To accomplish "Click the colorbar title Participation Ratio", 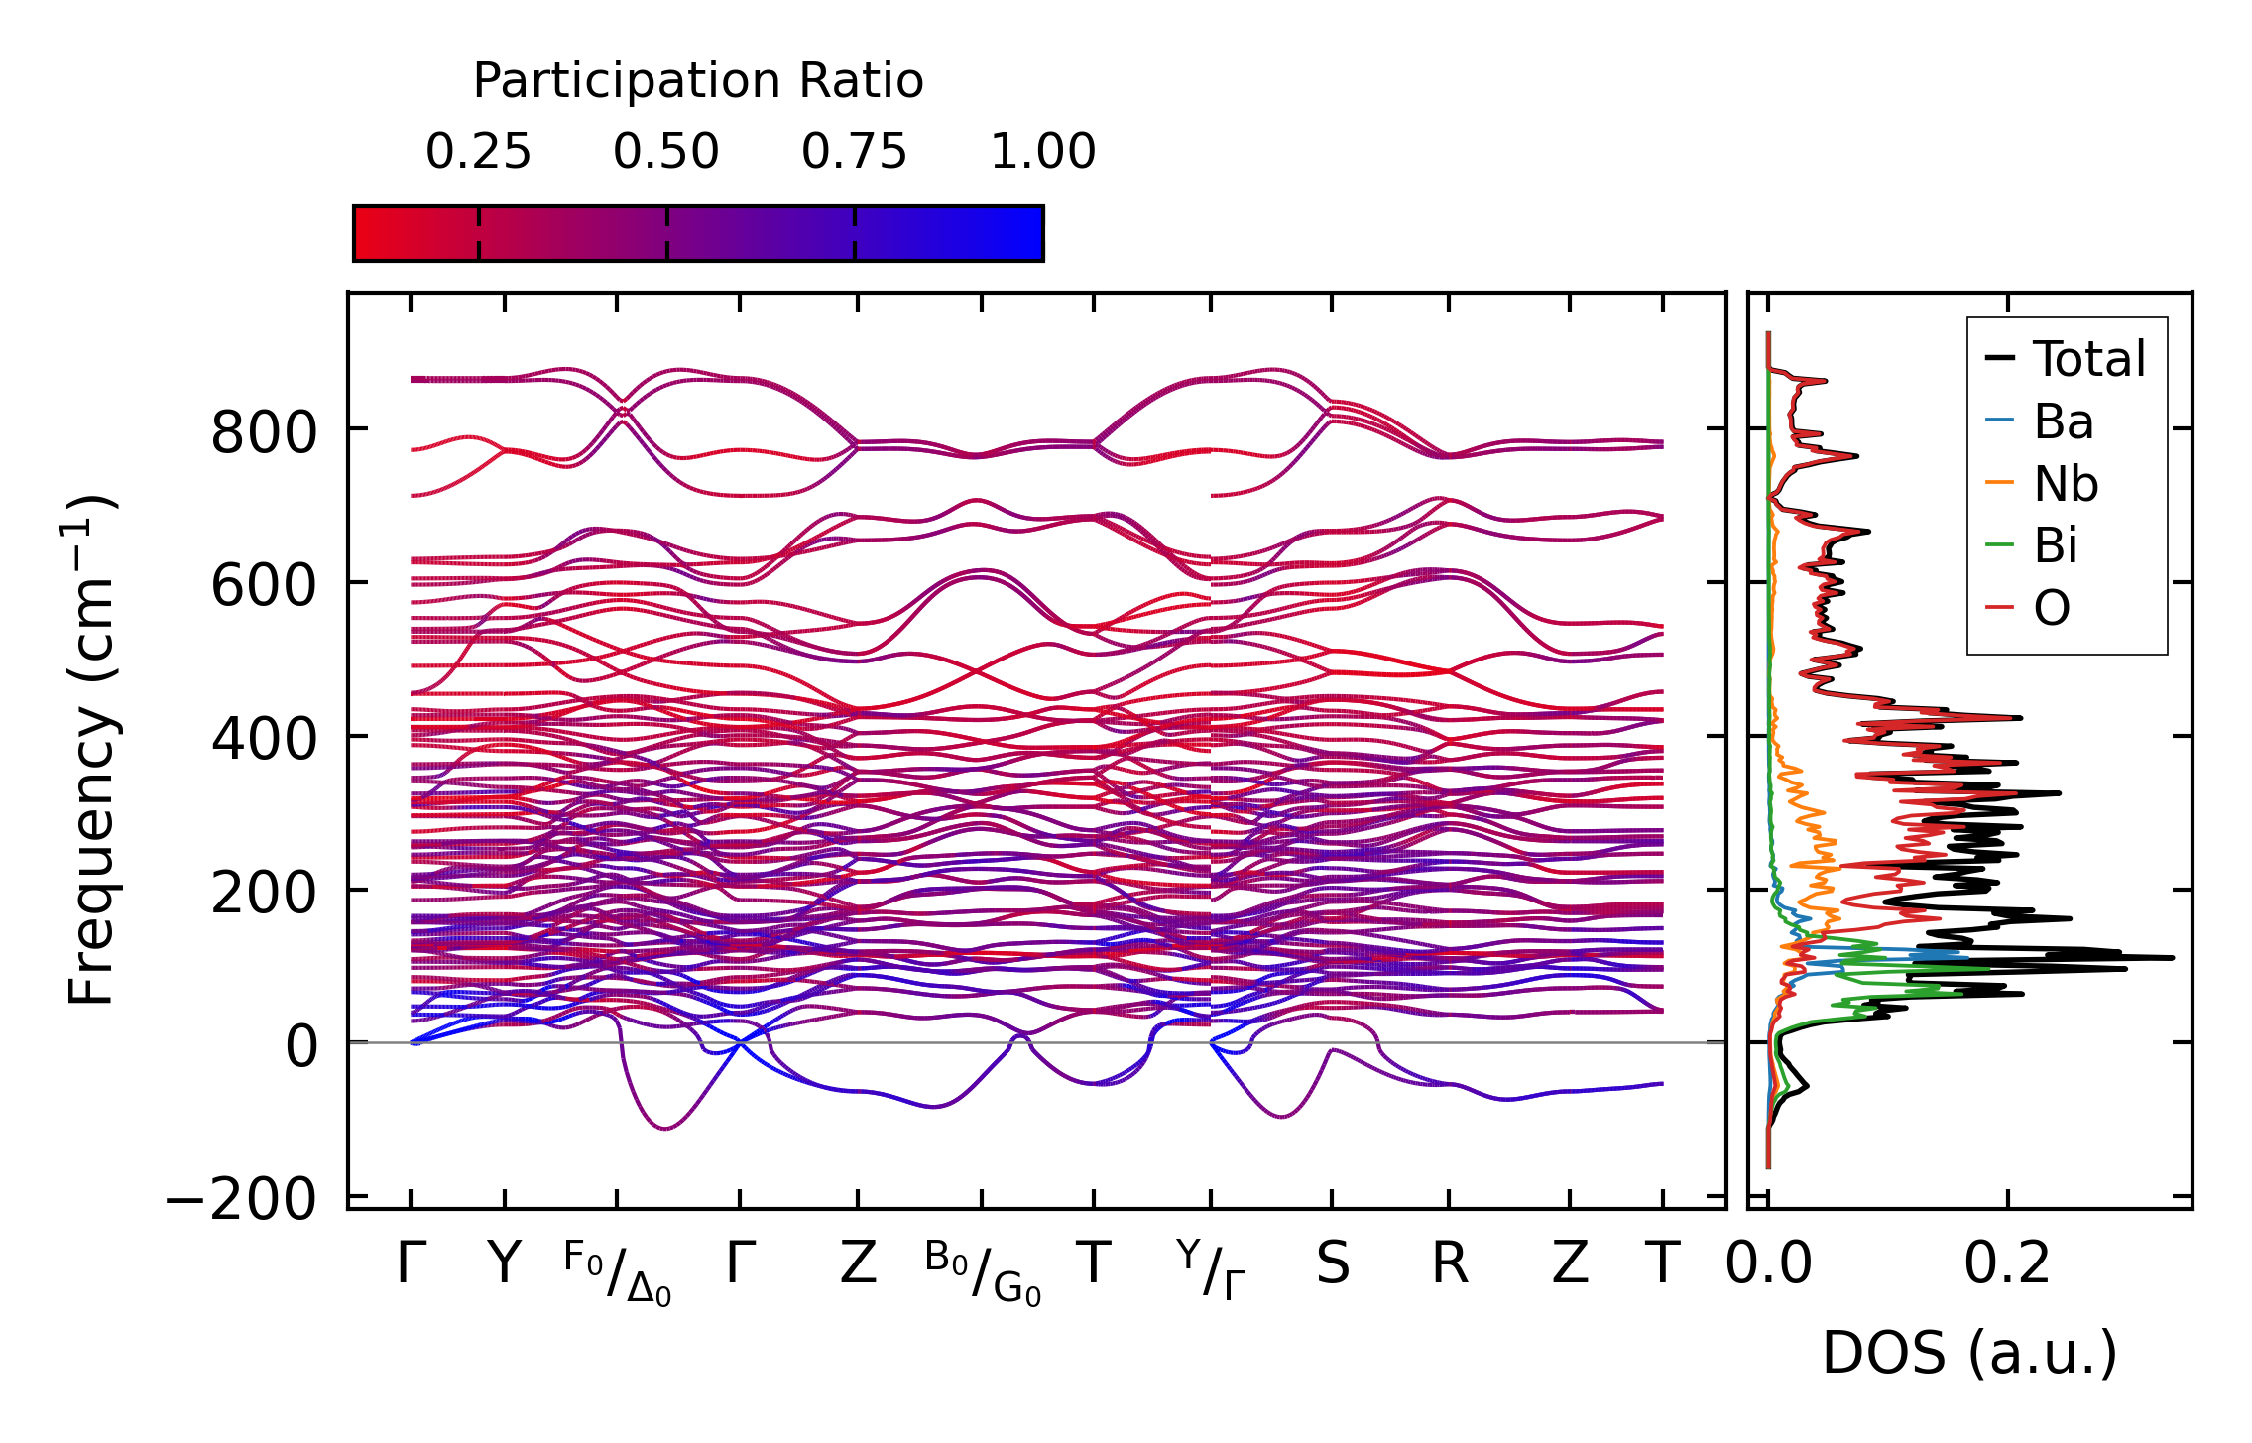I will (697, 81).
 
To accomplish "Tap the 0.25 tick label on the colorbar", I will (478, 152).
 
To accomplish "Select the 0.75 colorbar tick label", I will (854, 152).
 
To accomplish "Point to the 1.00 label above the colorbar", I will (1042, 152).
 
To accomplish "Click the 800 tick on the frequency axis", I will (264, 433).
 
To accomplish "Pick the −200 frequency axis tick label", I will (242, 1200).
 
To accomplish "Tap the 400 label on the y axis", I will (264, 740).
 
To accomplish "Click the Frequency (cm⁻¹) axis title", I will (91, 750).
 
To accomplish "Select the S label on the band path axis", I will (1332, 1264).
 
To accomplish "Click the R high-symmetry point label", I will (1449, 1264).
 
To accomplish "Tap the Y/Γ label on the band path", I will (1211, 1269).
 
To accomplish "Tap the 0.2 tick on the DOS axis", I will (2007, 1264).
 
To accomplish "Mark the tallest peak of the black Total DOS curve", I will (2172, 958).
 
